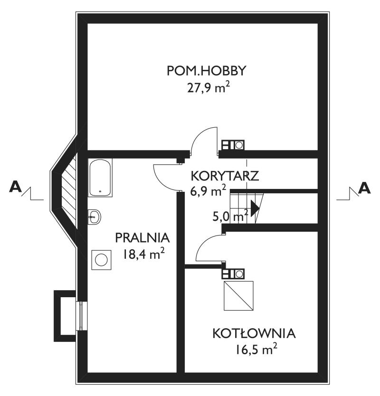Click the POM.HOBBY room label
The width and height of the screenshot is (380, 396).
pyautogui.click(x=206, y=71)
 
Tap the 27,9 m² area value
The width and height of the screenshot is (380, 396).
pyautogui.click(x=209, y=88)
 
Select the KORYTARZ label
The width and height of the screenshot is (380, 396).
pyautogui.click(x=225, y=176)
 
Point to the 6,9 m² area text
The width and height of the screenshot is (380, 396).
pyautogui.click(x=208, y=191)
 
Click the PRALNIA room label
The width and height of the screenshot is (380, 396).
pyautogui.click(x=142, y=238)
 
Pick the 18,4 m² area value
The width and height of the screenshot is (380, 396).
pyautogui.click(x=143, y=254)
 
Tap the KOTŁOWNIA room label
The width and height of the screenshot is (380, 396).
pyautogui.click(x=254, y=333)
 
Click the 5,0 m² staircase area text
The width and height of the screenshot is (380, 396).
pyautogui.click(x=230, y=216)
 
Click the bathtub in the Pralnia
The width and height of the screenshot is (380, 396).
pyautogui.click(x=100, y=178)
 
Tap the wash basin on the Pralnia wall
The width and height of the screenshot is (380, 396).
pyautogui.click(x=94, y=217)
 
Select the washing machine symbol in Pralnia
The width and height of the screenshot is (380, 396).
pyautogui.click(x=101, y=260)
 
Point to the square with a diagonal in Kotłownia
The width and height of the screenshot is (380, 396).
pyautogui.click(x=238, y=295)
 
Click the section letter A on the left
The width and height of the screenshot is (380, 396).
pyautogui.click(x=15, y=188)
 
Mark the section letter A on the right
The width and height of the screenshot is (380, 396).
pyautogui.click(x=364, y=188)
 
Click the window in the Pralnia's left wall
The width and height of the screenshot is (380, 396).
pyautogui.click(x=81, y=316)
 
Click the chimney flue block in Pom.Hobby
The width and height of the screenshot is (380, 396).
pyautogui.click(x=233, y=145)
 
